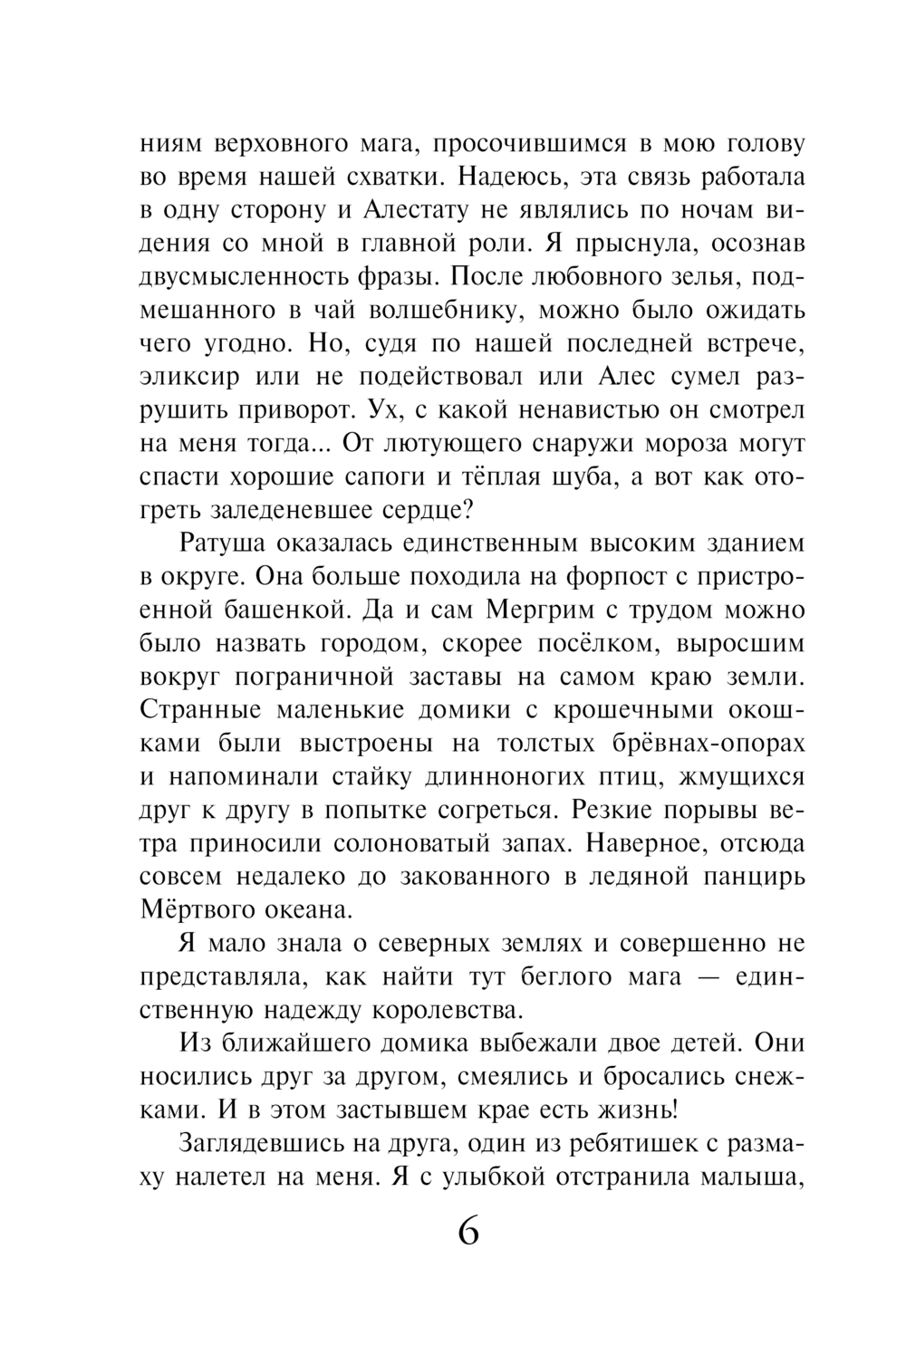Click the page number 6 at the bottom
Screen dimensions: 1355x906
(468, 1233)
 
